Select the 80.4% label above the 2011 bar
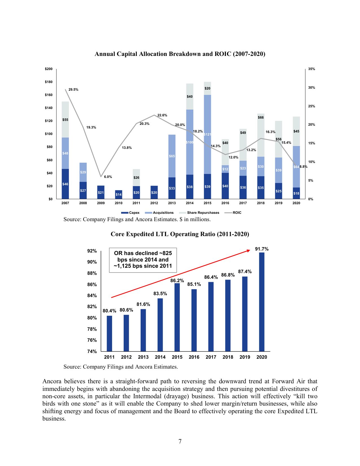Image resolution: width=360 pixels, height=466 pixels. [109, 311]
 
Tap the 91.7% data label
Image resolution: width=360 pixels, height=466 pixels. [262, 249]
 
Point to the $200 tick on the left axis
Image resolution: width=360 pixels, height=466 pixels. [49, 69]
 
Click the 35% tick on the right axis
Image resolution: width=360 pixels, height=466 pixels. [311, 69]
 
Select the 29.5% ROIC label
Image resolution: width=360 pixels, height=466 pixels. [73, 90]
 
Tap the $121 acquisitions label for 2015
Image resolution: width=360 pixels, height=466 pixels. [207, 134]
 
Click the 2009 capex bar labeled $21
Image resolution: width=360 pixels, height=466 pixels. [101, 192]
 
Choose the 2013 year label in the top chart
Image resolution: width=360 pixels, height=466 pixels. [172, 203]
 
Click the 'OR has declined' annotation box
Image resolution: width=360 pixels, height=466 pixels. [143, 260]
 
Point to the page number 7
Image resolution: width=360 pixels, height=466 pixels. [180, 441]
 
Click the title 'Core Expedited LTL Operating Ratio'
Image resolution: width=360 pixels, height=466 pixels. [180, 234]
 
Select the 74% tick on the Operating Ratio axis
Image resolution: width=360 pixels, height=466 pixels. [92, 351]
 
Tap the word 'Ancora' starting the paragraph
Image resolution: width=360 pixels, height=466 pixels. [52, 381]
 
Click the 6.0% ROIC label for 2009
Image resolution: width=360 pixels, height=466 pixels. [108, 177]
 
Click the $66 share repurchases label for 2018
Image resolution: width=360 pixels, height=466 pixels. [261, 117]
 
